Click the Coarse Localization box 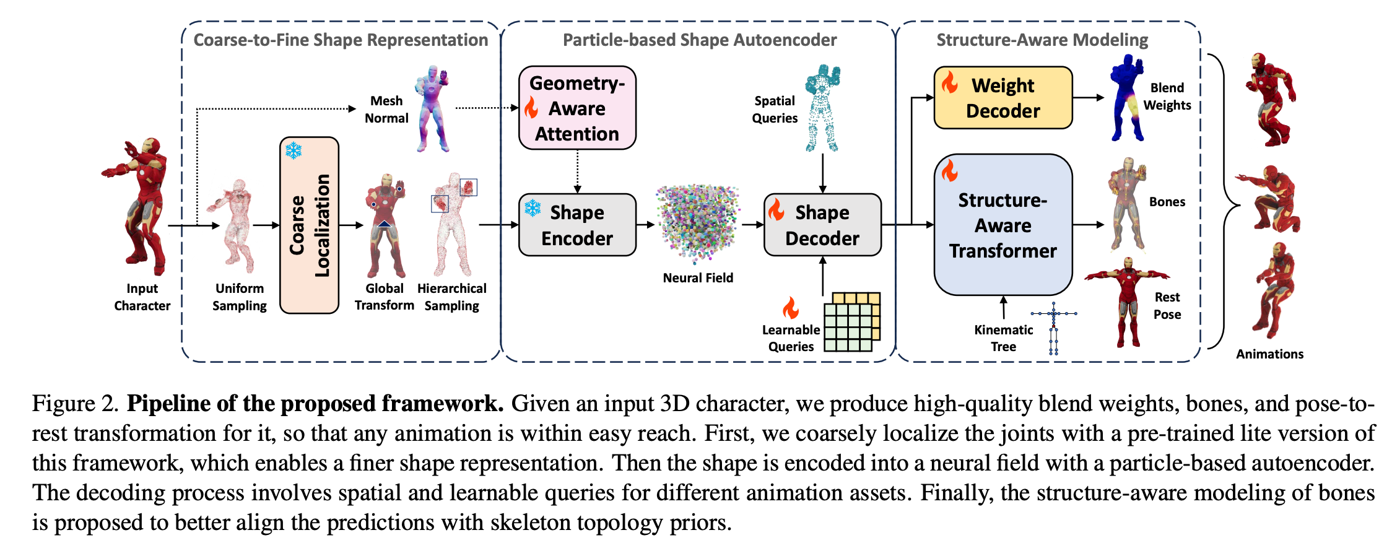309,225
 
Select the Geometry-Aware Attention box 577,108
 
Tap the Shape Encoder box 577,225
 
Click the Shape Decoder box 822,225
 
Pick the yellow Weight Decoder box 1003,98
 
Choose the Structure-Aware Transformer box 1003,225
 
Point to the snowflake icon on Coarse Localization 294,150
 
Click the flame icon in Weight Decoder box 949,82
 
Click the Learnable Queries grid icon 852,322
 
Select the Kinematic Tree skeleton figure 1054,328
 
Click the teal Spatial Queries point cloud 822,108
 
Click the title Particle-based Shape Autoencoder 699,40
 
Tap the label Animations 1269,354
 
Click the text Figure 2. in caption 75,404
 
